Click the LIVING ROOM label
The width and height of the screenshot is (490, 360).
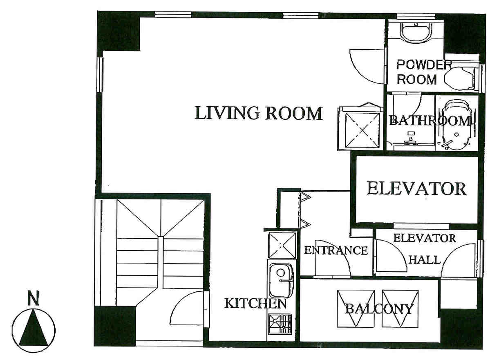pyautogui.click(x=258, y=113)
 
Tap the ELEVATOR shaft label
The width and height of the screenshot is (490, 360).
pyautogui.click(x=416, y=188)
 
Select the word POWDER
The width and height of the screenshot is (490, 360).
pyautogui.click(x=424, y=65)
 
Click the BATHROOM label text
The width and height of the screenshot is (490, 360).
pyautogui.click(x=430, y=121)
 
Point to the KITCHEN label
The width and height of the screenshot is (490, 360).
pyautogui.click(x=255, y=303)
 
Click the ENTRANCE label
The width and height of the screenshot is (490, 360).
pyautogui.click(x=336, y=250)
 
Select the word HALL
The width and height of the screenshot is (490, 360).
pyautogui.click(x=425, y=259)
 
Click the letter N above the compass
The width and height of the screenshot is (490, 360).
pyautogui.click(x=33, y=298)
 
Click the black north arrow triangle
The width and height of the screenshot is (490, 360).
pyautogui.click(x=33, y=328)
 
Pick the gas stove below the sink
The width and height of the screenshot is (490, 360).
pyautogui.click(x=280, y=324)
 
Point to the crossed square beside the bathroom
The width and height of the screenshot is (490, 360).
pyautogui.click(x=362, y=130)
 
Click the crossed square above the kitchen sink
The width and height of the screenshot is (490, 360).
pyautogui.click(x=282, y=245)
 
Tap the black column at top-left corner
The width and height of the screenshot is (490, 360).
pyautogui.click(x=119, y=31)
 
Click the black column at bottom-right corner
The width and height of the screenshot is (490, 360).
pyautogui.click(x=461, y=329)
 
